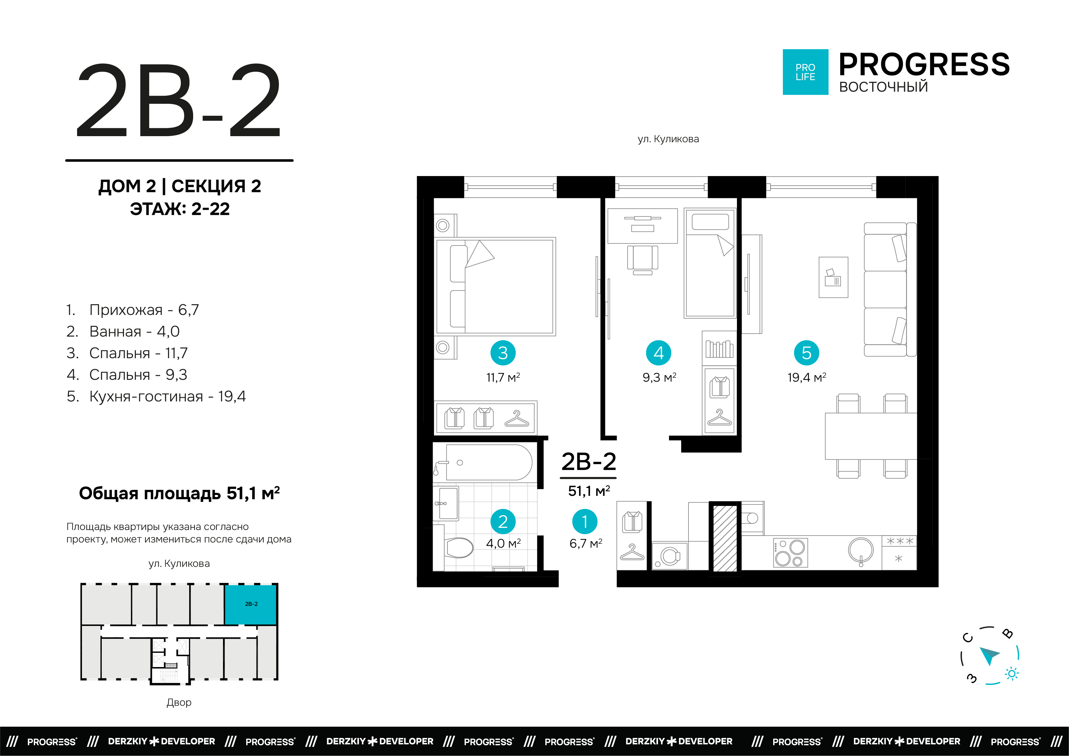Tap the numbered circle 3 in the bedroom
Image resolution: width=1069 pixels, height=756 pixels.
click(503, 353)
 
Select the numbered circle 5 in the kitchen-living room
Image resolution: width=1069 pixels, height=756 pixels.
click(806, 353)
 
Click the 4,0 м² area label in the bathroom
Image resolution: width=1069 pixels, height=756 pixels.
click(503, 543)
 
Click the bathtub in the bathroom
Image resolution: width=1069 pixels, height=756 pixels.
click(487, 462)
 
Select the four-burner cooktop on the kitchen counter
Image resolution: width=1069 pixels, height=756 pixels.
click(790, 553)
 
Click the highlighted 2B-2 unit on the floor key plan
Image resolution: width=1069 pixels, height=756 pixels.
click(251, 604)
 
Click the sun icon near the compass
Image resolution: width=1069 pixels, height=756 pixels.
click(1012, 673)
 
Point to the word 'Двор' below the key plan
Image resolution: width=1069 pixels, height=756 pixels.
click(179, 702)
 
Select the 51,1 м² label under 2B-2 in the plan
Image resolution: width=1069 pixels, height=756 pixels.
click(589, 491)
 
